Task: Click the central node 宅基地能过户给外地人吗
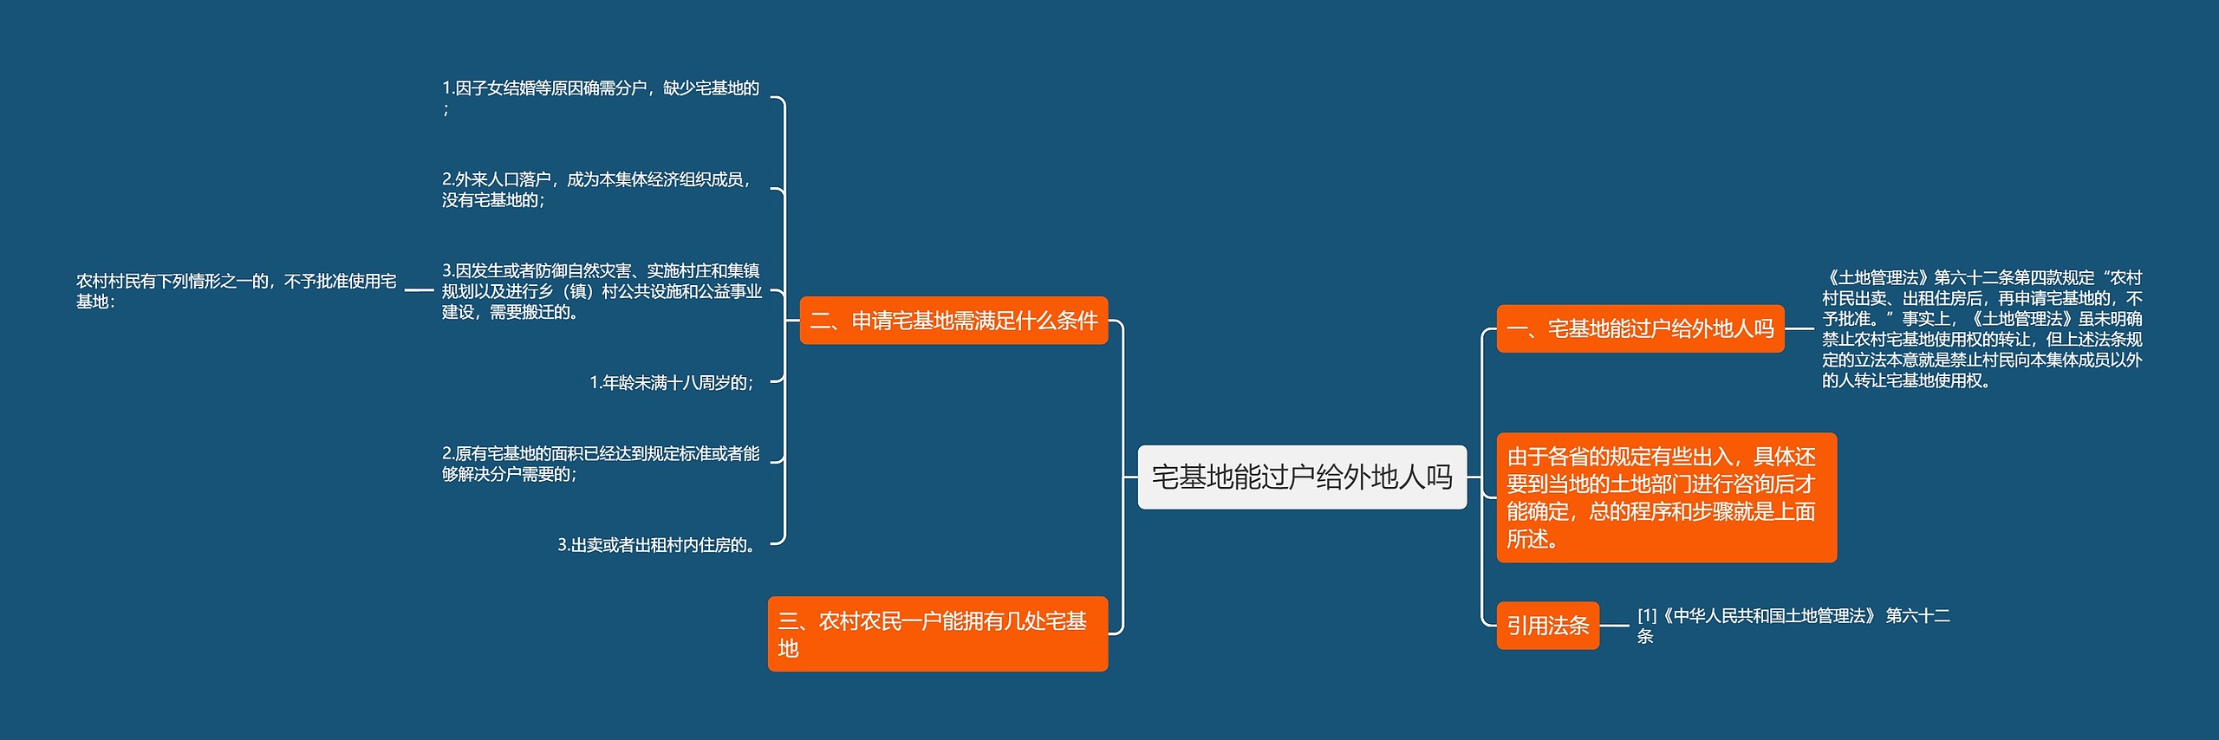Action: click(1301, 477)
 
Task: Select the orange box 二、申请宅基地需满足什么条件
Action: click(953, 321)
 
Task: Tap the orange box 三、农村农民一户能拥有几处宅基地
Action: click(937, 633)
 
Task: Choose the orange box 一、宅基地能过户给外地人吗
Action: click(1639, 328)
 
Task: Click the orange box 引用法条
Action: click(1547, 626)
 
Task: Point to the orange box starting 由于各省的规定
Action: click(1666, 497)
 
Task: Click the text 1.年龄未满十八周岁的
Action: click(672, 382)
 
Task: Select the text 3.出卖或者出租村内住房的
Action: click(658, 545)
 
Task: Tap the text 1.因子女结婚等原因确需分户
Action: click(600, 88)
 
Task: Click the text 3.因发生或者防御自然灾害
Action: click(602, 291)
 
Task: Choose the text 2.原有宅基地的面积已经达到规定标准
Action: click(600, 464)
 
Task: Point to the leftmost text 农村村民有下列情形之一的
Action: click(236, 290)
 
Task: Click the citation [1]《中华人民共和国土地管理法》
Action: click(1793, 625)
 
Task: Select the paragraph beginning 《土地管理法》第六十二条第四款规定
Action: click(1981, 328)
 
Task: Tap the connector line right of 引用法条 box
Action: click(1614, 626)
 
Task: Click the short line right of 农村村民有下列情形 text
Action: click(419, 290)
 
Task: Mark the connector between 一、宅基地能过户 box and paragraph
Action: click(1799, 328)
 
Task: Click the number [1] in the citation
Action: click(1646, 615)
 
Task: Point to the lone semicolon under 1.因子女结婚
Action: click(446, 110)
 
